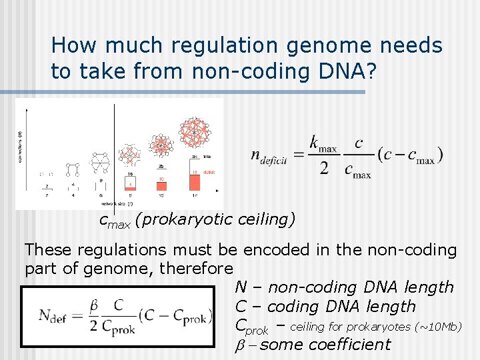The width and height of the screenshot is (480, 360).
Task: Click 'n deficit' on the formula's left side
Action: (270, 156)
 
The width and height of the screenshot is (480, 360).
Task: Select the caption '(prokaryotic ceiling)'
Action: (215, 220)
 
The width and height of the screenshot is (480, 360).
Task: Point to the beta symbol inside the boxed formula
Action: (95, 305)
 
